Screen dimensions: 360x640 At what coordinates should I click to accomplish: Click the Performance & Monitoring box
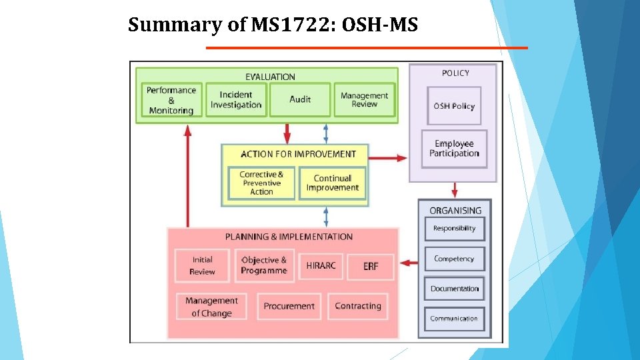(x=171, y=100)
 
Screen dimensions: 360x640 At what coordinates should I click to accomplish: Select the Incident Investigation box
(x=236, y=100)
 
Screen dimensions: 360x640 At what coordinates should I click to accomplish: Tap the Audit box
(x=300, y=99)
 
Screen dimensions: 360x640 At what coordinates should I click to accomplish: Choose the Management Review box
(x=364, y=100)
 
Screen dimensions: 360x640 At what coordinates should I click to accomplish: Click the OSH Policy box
(x=454, y=106)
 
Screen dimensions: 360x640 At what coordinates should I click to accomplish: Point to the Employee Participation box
(x=454, y=149)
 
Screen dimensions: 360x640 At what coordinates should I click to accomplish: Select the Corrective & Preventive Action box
(x=261, y=183)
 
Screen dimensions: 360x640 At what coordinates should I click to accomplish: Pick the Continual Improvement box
(x=332, y=183)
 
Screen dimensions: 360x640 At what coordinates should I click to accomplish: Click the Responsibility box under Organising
(x=454, y=229)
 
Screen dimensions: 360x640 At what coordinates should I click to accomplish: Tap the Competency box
(x=454, y=259)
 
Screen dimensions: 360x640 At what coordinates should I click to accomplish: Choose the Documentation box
(x=454, y=289)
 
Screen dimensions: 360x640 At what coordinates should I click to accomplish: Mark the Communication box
(x=454, y=319)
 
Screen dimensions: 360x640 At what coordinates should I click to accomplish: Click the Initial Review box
(x=202, y=265)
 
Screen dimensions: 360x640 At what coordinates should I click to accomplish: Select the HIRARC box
(x=321, y=265)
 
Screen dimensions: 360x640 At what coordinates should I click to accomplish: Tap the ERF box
(x=371, y=266)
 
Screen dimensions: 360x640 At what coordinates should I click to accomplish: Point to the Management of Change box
(x=211, y=307)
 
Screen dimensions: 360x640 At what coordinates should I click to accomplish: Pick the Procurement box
(x=289, y=307)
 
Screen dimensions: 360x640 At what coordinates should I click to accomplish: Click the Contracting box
(x=358, y=307)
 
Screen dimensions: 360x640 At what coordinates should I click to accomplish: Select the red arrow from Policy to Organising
(x=454, y=190)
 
